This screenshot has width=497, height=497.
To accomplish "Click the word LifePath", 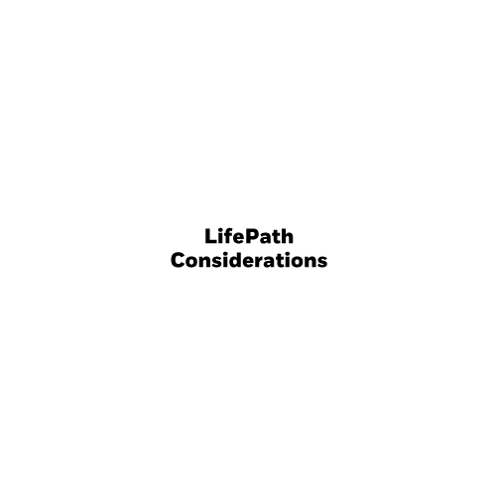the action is click(249, 236).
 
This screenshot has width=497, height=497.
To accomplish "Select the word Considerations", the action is click(249, 260).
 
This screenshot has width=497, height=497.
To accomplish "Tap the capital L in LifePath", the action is click(210, 236).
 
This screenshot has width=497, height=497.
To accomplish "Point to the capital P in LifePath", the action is click(253, 236).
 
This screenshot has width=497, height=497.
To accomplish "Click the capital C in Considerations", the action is click(178, 260).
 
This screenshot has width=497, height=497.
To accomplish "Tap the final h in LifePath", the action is click(288, 236).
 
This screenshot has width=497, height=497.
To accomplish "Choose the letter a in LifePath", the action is click(267, 238).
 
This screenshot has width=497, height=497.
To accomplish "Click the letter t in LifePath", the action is click(277, 237).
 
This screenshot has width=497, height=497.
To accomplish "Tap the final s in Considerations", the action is click(322, 262).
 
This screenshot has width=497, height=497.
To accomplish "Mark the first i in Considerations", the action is click(227, 260).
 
